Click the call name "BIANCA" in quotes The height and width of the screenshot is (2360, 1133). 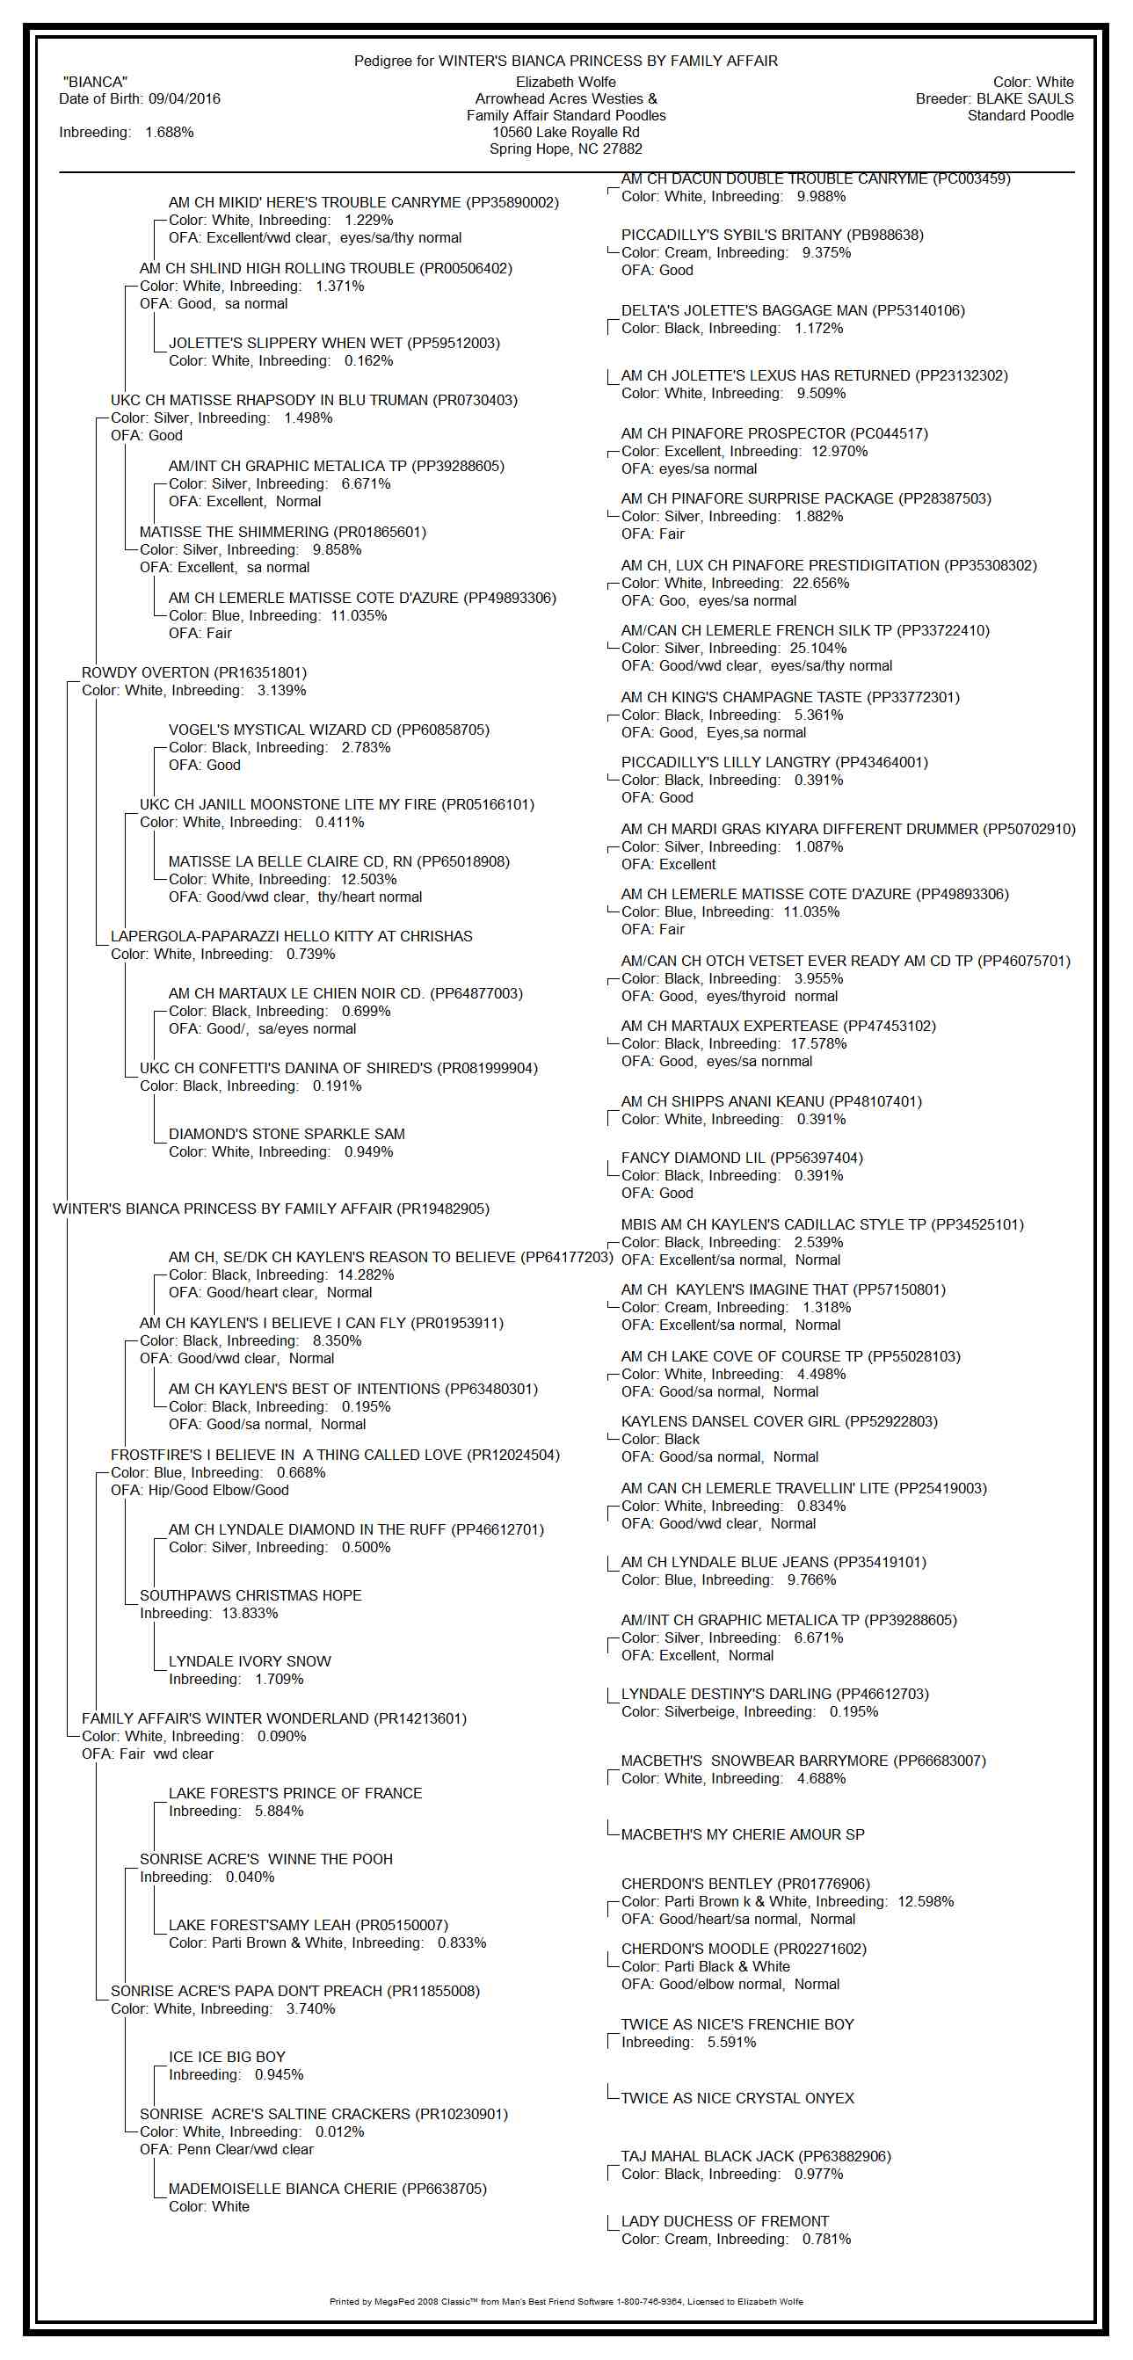(x=95, y=82)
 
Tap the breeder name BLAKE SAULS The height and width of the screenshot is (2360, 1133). (x=1025, y=99)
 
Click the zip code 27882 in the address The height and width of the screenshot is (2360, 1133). (x=622, y=149)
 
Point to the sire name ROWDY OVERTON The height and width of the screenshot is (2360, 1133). (x=145, y=672)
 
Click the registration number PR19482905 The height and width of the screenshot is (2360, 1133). (x=442, y=1209)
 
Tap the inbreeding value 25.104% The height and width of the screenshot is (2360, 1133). (x=818, y=648)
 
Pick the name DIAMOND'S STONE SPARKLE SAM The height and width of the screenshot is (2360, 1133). (x=286, y=1133)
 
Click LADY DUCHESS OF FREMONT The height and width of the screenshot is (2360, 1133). (x=724, y=2221)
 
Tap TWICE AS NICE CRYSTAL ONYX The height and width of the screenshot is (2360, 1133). (x=737, y=2097)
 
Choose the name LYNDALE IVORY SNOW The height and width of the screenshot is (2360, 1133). (x=249, y=1661)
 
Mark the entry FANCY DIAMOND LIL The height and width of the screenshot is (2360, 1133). (x=695, y=1157)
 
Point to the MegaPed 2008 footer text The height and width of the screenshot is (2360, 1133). (x=566, y=2300)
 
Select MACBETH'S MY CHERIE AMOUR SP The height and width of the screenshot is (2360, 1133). (x=742, y=1834)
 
